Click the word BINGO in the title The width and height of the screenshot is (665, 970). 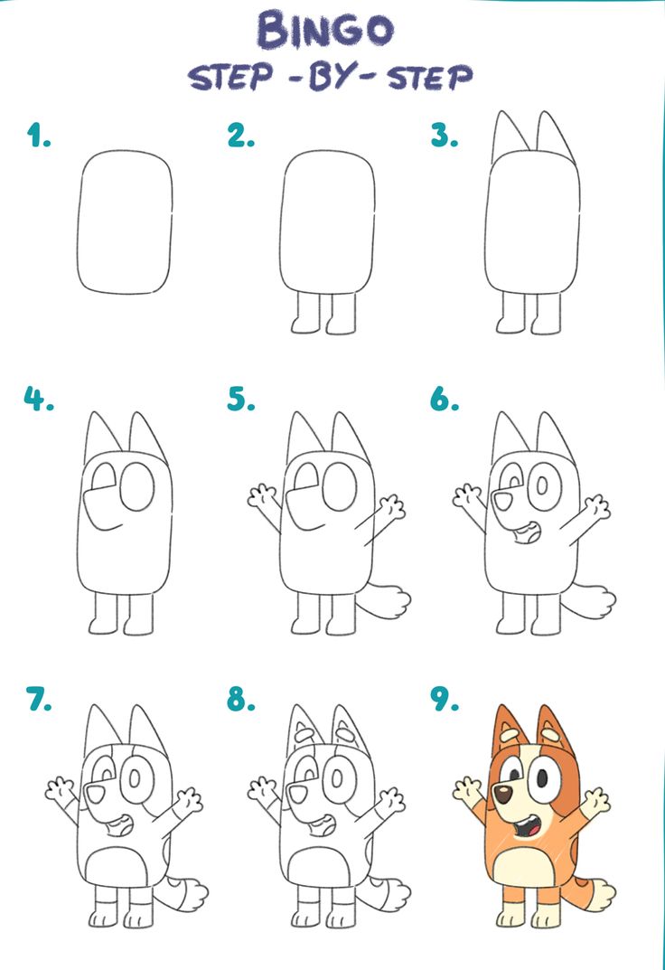tap(325, 30)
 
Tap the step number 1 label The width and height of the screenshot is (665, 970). tap(38, 137)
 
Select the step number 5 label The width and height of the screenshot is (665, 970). tap(240, 398)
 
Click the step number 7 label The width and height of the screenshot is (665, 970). tap(38, 699)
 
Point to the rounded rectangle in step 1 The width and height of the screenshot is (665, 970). tap(125, 222)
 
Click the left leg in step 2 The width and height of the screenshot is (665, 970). tap(304, 313)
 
